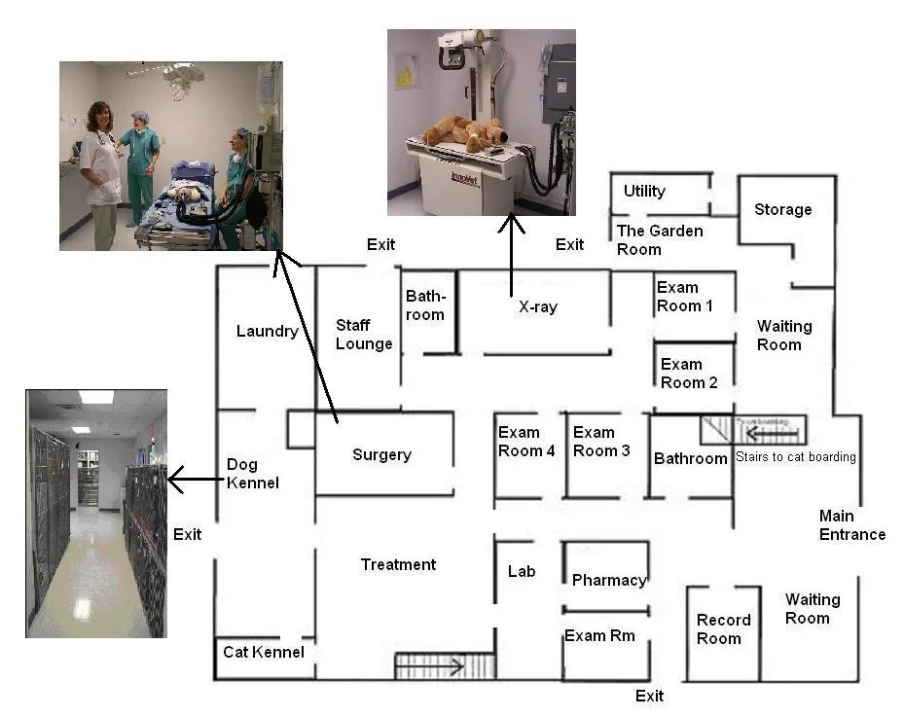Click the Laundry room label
coord(267,332)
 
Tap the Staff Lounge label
coord(364,334)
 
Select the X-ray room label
coord(537,307)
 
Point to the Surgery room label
coord(381,455)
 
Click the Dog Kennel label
coord(252,474)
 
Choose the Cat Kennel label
coord(264,652)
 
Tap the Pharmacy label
coord(608,581)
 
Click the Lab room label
coord(522,572)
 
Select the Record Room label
coord(723,629)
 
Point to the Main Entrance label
coord(851,525)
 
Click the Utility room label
coord(644,191)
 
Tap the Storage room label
coord(782,210)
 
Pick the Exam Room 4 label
coord(526,442)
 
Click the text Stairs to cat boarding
coord(795,457)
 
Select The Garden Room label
coord(652,239)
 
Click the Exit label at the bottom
coord(649,696)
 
